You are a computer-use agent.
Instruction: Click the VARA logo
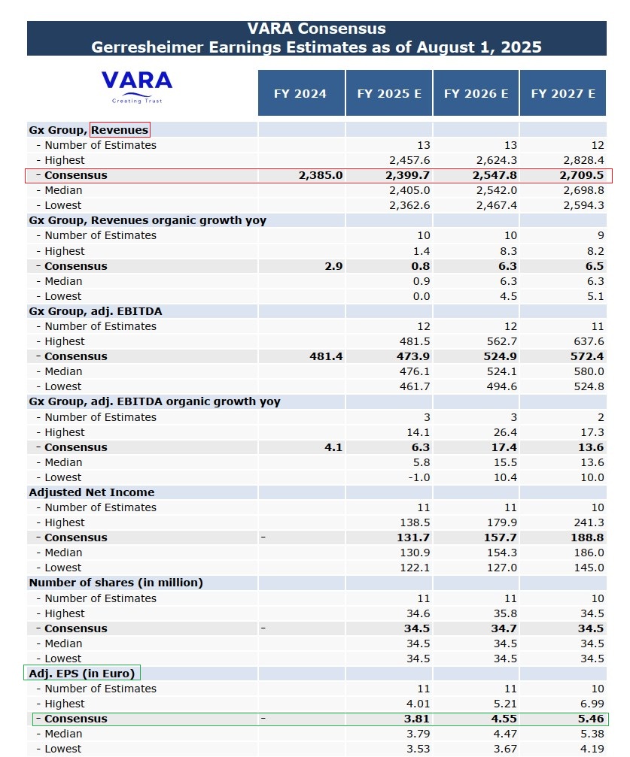(x=137, y=86)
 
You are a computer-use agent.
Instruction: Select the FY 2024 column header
(x=301, y=94)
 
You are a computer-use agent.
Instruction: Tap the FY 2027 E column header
(x=563, y=94)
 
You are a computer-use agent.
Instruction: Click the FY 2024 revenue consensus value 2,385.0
(x=321, y=175)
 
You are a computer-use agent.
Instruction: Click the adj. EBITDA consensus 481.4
(x=326, y=356)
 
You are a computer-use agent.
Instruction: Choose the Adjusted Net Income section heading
(x=92, y=492)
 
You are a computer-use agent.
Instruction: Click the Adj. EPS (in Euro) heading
(x=82, y=674)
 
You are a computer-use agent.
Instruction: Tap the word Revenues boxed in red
(x=120, y=130)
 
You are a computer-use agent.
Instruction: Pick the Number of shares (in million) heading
(x=116, y=583)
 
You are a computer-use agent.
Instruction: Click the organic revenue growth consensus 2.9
(x=333, y=266)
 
